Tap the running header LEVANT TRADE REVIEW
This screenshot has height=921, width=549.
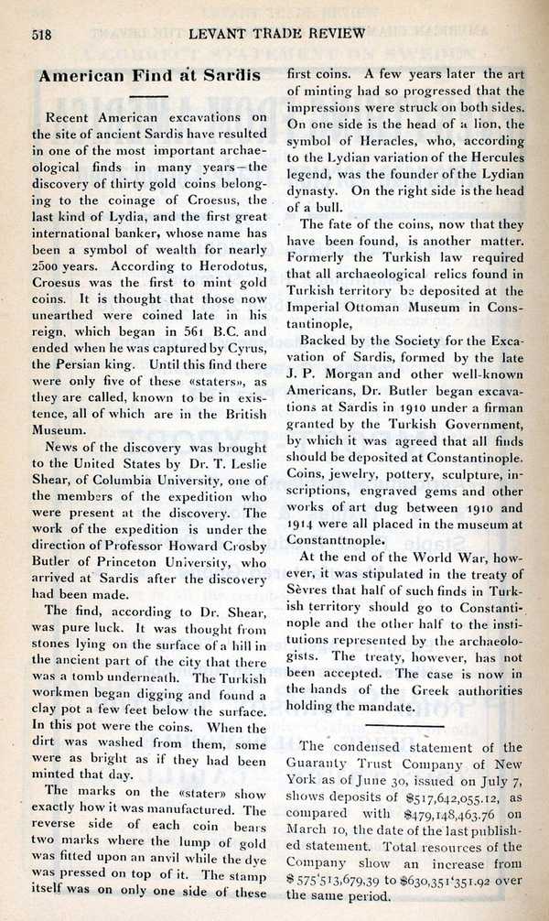tap(278, 34)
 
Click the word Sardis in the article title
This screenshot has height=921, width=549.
tap(224, 78)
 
